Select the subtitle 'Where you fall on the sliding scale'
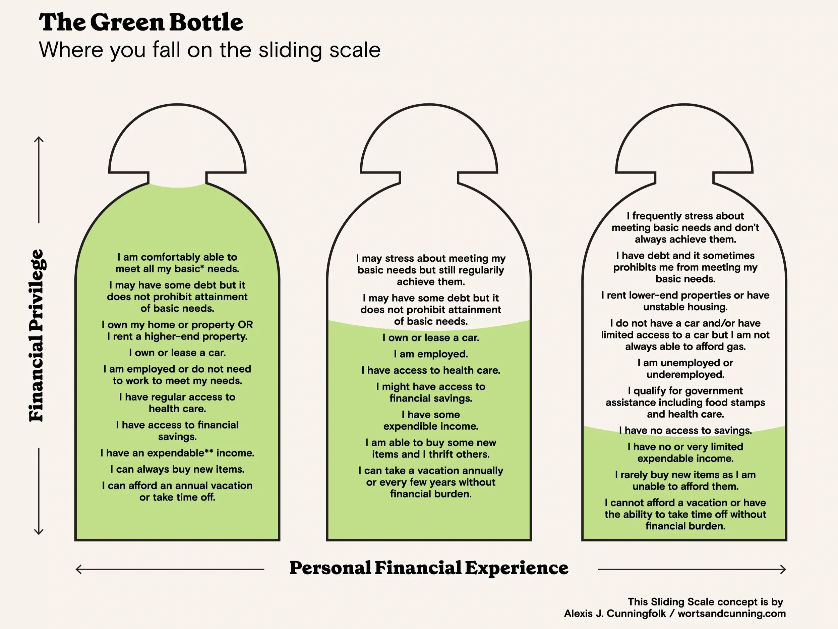209,50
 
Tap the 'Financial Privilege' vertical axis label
37,335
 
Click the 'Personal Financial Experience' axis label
429,568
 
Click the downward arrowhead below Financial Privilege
39,532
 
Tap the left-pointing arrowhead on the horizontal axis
78,569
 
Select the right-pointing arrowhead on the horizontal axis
783,569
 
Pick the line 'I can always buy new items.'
177,469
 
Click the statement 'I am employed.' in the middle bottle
431,354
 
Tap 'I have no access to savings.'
685,431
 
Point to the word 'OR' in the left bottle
245,325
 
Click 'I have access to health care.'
431,370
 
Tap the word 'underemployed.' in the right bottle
685,375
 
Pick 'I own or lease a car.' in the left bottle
177,353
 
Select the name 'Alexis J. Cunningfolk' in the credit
614,614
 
